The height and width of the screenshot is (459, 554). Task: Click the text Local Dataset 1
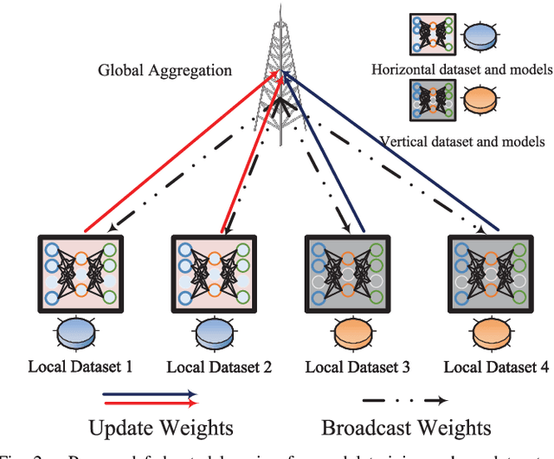click(85, 367)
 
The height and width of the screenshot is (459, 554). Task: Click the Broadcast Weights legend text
click(406, 427)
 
